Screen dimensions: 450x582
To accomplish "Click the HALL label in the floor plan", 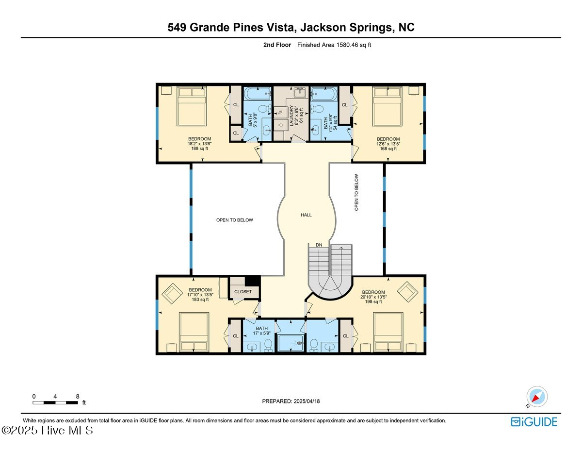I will [306, 215].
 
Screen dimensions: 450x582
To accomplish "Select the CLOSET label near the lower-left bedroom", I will [243, 292].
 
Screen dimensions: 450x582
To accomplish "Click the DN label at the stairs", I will [319, 245].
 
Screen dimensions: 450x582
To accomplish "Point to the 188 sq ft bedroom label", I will [199, 144].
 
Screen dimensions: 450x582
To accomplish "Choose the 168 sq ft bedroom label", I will [388, 144].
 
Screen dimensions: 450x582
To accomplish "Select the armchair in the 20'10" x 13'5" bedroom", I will [407, 293].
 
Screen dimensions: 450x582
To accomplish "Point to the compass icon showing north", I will [536, 397].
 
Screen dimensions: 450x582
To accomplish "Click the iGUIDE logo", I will [534, 422].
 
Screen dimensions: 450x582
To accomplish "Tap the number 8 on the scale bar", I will [78, 396].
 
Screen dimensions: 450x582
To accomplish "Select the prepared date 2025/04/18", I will [291, 401].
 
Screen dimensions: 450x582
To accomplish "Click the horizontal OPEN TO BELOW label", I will [234, 220].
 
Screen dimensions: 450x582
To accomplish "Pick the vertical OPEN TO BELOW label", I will [356, 192].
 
